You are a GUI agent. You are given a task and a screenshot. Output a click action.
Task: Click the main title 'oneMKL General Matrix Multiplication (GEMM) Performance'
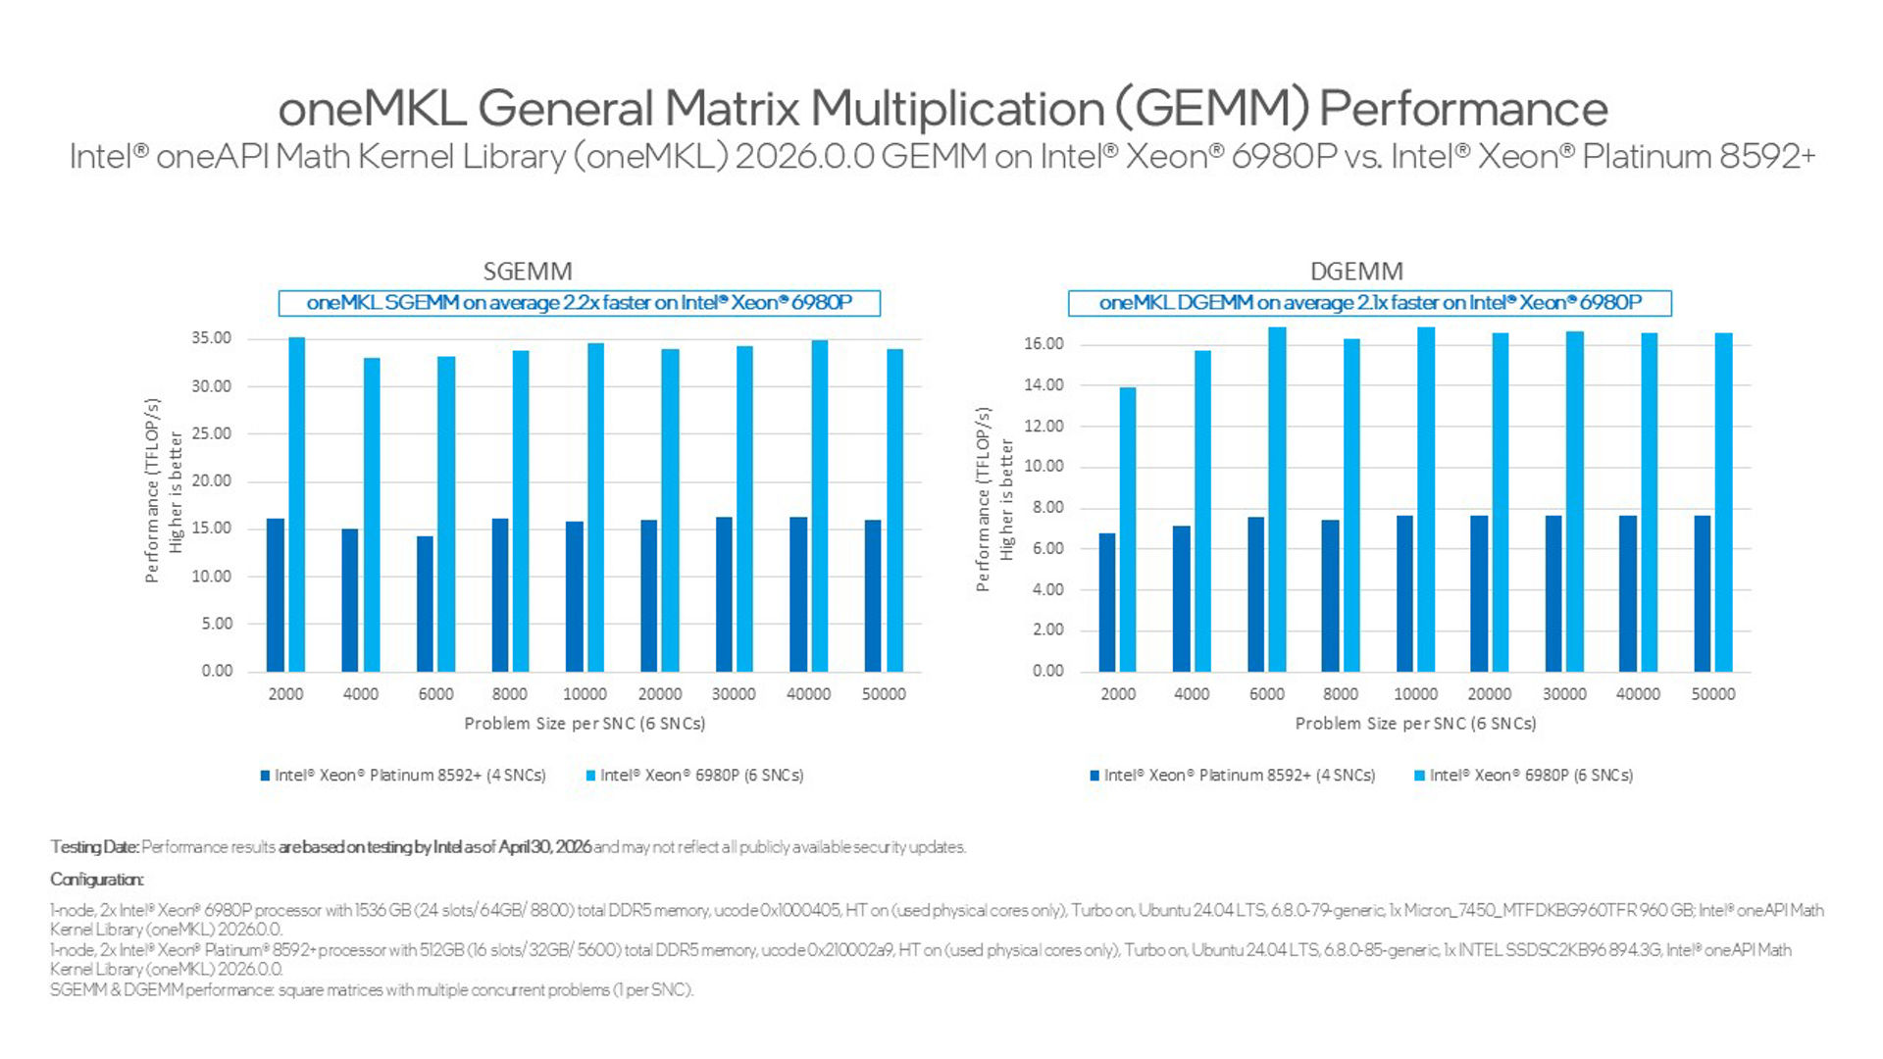(x=942, y=108)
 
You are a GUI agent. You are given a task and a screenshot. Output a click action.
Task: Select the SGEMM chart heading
(x=528, y=271)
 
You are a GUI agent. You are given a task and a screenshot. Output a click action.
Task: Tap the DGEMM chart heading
(x=1356, y=271)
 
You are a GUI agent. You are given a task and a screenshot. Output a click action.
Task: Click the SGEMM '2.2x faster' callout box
(x=580, y=303)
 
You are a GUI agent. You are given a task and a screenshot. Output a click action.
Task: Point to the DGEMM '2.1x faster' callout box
(x=1370, y=303)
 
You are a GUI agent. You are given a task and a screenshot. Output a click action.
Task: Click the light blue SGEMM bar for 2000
(x=296, y=504)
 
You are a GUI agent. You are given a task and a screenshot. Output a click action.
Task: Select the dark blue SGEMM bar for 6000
(x=425, y=604)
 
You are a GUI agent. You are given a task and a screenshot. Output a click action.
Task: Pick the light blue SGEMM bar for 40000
(x=820, y=506)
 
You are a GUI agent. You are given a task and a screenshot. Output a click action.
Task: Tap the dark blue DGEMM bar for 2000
(x=1107, y=602)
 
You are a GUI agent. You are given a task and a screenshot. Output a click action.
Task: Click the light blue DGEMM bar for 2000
(x=1128, y=529)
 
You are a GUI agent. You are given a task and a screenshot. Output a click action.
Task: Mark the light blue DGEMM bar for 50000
(x=1724, y=502)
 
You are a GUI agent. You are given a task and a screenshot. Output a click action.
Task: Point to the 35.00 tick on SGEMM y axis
(x=212, y=338)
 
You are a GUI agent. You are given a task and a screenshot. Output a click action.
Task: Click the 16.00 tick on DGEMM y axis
(x=1043, y=343)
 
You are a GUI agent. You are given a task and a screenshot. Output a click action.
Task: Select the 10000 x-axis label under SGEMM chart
(x=585, y=694)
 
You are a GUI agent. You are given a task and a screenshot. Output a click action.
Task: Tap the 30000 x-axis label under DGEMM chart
(x=1564, y=694)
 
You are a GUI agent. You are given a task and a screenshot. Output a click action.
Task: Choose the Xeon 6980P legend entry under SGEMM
(x=694, y=776)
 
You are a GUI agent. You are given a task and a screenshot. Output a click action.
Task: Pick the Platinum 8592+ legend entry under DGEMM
(x=1233, y=776)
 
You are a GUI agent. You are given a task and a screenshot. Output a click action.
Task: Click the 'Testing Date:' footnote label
(x=94, y=847)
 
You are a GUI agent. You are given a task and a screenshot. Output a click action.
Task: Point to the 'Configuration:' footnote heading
(x=97, y=880)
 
